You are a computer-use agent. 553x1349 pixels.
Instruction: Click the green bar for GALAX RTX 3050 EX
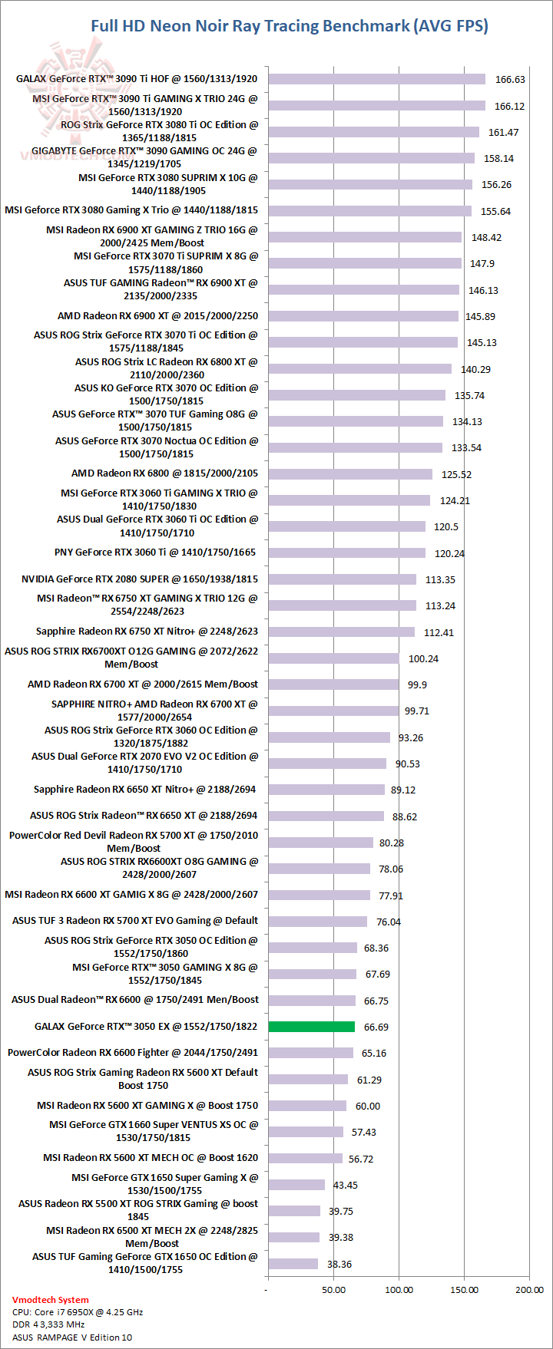(x=311, y=1027)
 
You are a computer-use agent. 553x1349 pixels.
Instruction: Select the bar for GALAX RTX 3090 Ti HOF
(x=376, y=79)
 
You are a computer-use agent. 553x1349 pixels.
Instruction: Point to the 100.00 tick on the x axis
(x=399, y=1290)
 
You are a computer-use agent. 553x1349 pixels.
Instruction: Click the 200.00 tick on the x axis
(x=529, y=1290)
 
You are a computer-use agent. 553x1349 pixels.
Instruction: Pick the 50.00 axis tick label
(x=333, y=1290)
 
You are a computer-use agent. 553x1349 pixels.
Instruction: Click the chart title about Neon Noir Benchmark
(x=290, y=26)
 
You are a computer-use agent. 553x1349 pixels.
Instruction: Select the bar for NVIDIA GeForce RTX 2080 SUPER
(x=342, y=579)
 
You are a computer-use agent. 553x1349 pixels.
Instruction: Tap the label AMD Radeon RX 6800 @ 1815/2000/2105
(x=164, y=473)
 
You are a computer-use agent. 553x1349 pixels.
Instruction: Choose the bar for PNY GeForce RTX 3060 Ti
(x=346, y=552)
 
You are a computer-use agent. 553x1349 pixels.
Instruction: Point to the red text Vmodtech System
(x=51, y=1300)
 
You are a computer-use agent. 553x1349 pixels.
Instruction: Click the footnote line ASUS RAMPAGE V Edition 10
(x=72, y=1337)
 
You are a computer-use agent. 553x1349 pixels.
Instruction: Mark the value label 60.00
(x=368, y=1106)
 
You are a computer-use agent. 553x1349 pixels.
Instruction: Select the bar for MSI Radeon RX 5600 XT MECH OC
(x=305, y=1158)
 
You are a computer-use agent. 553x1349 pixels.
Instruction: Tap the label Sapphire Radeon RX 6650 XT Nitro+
(x=145, y=790)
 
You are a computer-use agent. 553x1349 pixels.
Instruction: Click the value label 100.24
(x=423, y=658)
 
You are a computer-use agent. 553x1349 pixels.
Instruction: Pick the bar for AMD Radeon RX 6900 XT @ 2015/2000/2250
(x=363, y=316)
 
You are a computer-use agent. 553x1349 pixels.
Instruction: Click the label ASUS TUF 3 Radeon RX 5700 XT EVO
(x=135, y=921)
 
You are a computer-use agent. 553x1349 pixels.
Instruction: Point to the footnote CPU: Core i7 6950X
(x=78, y=1312)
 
